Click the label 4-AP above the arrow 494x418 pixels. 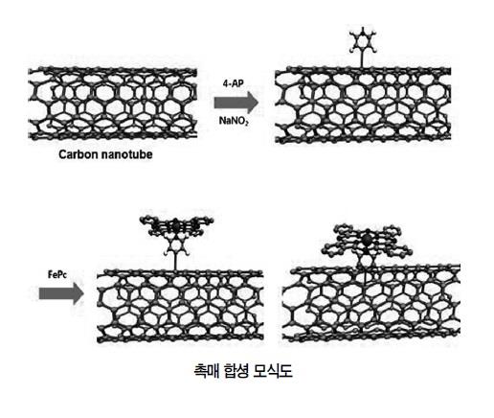pos(233,83)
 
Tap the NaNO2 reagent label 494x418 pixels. pos(234,121)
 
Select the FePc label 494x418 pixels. pos(57,274)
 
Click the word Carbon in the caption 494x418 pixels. pos(79,154)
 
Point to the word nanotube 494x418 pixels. pos(126,154)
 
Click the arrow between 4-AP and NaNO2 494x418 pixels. pos(236,103)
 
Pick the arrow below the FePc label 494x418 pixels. pos(61,293)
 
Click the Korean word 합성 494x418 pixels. pos(236,371)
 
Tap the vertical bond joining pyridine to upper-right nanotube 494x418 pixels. pos(362,59)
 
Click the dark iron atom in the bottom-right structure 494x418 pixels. pos(367,239)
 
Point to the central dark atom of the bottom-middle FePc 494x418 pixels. pos(176,225)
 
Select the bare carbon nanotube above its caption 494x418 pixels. pos(113,104)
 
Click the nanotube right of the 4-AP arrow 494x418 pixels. pos(363,104)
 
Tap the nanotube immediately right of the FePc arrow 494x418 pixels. pos(180,306)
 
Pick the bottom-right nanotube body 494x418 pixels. pos(371,303)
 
